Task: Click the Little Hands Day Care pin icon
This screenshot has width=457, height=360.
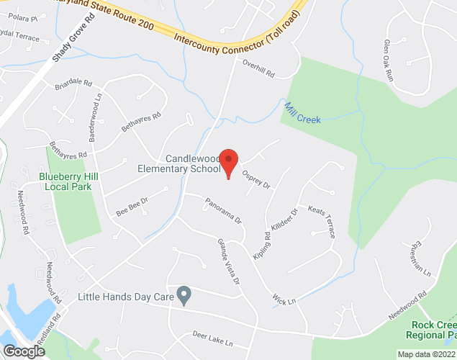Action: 184,296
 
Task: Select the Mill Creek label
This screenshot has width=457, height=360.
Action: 302,113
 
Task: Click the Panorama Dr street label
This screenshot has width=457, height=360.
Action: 223,210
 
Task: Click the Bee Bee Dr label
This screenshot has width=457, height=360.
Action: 131,207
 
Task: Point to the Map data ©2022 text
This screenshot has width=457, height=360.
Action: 426,354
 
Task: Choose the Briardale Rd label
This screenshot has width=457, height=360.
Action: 74,86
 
